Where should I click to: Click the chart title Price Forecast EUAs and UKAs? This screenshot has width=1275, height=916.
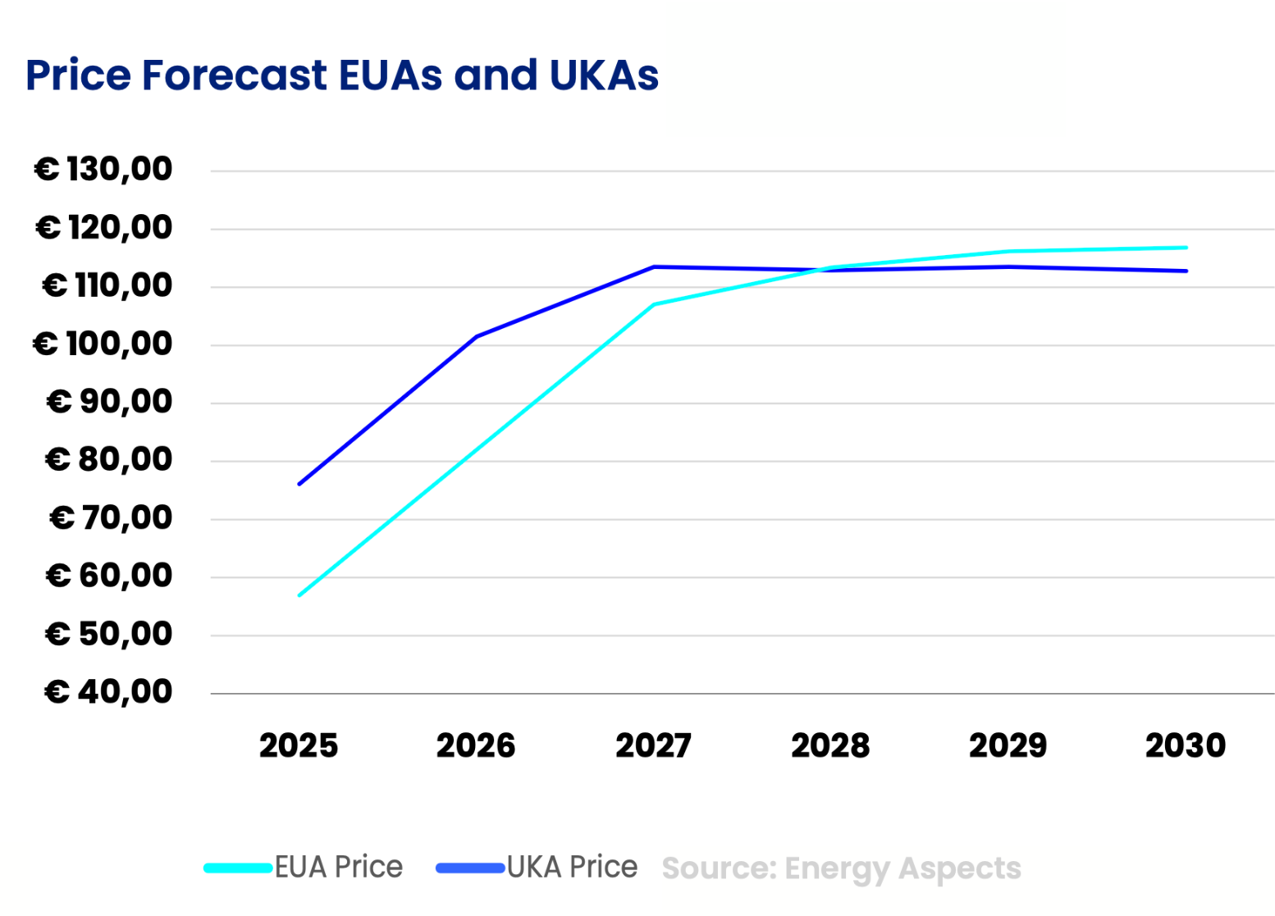click(341, 75)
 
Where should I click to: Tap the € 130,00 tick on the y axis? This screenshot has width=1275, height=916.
click(103, 170)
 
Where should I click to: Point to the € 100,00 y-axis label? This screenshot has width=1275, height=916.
click(103, 344)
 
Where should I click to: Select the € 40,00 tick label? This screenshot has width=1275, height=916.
click(107, 692)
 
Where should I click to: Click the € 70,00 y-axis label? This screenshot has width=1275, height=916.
click(110, 518)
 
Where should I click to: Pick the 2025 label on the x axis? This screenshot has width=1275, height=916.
click(299, 746)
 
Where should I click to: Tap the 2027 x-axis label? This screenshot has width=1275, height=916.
click(653, 746)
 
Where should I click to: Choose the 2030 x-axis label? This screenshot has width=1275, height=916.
click(1185, 746)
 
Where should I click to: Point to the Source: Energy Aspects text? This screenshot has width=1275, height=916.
click(841, 868)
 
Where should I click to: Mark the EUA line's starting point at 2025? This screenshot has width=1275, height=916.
click(299, 595)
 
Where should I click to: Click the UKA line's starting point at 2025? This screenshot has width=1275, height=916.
click(299, 484)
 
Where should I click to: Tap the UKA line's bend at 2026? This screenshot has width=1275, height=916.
click(477, 336)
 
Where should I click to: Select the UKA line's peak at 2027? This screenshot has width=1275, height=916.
click(654, 267)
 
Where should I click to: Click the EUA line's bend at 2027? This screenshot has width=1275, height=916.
click(654, 304)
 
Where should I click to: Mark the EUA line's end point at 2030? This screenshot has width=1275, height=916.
click(1186, 248)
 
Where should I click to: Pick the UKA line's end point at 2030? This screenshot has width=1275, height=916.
click(1186, 271)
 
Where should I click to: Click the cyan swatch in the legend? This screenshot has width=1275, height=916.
click(238, 868)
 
